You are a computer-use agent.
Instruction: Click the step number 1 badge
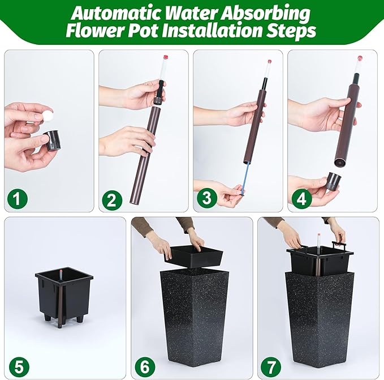(x=18, y=199)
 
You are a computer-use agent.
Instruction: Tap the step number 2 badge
(x=112, y=199)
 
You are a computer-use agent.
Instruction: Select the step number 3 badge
(x=206, y=199)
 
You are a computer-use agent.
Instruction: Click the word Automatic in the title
(x=116, y=13)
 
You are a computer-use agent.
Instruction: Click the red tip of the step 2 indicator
(x=166, y=58)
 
